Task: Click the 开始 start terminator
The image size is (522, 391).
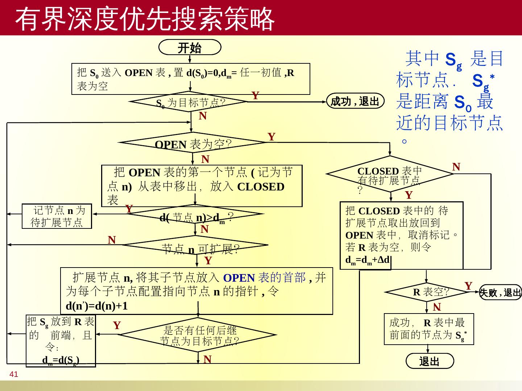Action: coord(190,48)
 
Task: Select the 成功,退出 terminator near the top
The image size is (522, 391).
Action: coord(355,101)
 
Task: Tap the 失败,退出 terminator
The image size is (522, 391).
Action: coord(500,292)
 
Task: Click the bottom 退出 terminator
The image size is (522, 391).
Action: coord(429,361)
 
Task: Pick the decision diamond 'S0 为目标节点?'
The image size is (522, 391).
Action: coord(191,102)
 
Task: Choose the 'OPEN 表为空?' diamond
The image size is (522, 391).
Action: coord(193,144)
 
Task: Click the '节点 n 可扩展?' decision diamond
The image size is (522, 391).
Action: coord(196,247)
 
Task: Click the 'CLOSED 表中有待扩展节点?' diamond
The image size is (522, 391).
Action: coord(390,175)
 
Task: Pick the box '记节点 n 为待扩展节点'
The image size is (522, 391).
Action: coord(57,216)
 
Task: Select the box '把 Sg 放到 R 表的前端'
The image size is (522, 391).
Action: coord(61,341)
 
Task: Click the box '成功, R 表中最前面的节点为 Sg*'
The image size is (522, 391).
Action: coord(429,329)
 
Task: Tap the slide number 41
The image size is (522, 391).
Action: coord(14,374)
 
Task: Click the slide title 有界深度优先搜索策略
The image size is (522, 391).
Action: coord(145,19)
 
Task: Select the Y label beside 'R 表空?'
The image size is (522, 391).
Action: coord(468,286)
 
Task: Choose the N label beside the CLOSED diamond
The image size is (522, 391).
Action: coord(456,167)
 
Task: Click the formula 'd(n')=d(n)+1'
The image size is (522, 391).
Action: coord(97,306)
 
